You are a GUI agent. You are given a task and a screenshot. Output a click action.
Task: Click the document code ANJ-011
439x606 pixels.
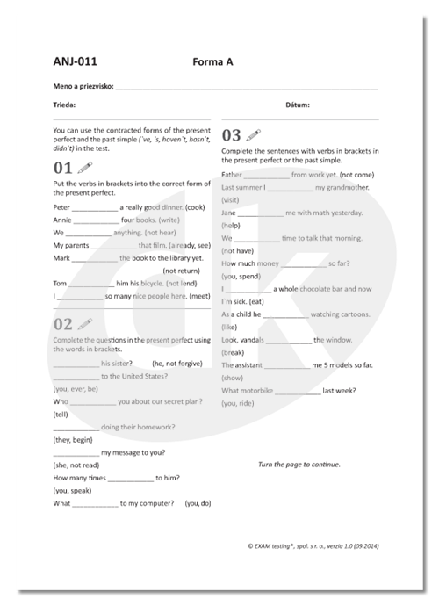point(75,61)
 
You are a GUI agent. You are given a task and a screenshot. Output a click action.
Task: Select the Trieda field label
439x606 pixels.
point(64,105)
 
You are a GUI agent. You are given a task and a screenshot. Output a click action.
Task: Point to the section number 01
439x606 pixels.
point(62,167)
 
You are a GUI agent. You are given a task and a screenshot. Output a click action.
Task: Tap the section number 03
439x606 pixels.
point(231,135)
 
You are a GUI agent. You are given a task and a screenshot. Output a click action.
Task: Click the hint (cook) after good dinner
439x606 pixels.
point(194,206)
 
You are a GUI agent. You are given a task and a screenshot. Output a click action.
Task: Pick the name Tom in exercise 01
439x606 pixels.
point(60,284)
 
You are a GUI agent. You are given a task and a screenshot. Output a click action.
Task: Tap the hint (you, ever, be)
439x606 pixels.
point(76,388)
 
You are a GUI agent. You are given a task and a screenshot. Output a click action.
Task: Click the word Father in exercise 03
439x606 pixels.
point(233,175)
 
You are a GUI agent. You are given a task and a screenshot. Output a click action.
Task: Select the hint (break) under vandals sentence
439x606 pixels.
point(233,352)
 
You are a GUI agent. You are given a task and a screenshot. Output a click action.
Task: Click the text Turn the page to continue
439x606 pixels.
point(299,464)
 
